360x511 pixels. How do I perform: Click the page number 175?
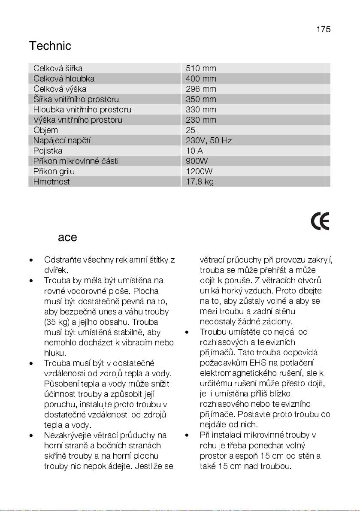[324, 29]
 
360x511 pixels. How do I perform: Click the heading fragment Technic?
[50, 46]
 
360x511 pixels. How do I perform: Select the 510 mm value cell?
[201, 69]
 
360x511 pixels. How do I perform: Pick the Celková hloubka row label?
[64, 79]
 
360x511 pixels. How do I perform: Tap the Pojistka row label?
[48, 151]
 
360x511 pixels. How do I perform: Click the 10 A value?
[194, 151]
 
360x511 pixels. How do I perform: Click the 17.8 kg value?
[200, 182]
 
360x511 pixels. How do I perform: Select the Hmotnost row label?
[51, 182]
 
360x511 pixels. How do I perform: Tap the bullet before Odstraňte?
[31, 260]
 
